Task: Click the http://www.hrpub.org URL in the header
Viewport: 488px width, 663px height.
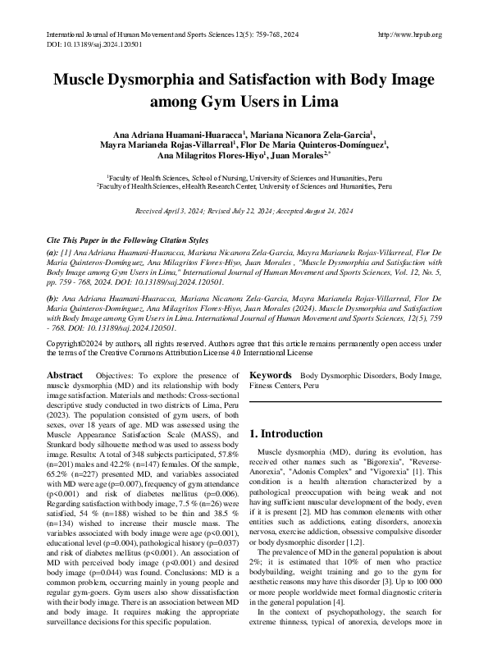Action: [410, 34]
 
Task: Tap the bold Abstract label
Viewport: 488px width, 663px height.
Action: [64, 375]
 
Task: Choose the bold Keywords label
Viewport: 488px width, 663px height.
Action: [271, 375]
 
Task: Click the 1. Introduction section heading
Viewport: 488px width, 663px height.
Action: [285, 433]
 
